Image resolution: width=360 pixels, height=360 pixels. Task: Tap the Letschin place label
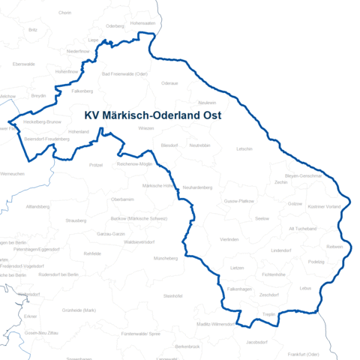coord(244,148)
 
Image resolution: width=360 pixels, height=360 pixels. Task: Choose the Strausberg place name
coord(76,220)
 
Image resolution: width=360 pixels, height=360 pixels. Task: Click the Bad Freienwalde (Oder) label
coord(124,73)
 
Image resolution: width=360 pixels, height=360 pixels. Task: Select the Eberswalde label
coord(24,64)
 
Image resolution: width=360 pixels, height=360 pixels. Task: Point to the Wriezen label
coord(146,128)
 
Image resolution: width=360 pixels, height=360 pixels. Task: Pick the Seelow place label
coord(262,218)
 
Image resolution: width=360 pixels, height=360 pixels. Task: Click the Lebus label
coord(304,288)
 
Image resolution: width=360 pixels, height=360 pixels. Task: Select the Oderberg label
coord(115,25)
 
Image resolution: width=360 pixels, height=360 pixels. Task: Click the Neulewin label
coord(207,102)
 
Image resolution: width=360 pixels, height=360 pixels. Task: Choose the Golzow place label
coord(295,203)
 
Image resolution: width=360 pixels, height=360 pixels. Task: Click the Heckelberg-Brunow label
coord(42,121)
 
